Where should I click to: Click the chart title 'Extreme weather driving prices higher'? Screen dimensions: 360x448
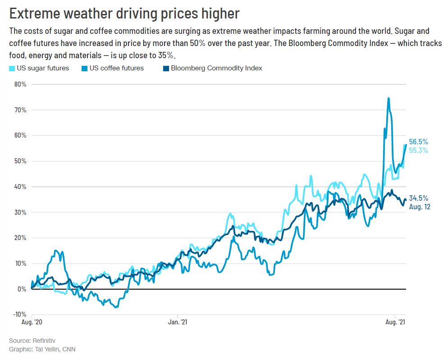124,14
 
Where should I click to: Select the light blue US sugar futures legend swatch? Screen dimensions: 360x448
12,68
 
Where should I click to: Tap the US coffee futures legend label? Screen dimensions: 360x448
117,68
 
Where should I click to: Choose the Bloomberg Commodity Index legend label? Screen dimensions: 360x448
216,68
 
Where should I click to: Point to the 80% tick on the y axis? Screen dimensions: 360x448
20,84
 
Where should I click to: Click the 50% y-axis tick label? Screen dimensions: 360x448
20,161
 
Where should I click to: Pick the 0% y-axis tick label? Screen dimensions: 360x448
22,289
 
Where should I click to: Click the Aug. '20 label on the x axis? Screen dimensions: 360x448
32,323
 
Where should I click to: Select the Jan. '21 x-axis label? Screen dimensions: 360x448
178,323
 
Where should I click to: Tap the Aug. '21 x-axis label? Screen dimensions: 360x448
395,323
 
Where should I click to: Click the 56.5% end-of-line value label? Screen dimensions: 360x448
418,142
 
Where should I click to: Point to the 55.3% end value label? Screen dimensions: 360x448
418,150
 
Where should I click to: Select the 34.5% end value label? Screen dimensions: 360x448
418,198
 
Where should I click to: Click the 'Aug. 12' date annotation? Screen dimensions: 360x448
420,207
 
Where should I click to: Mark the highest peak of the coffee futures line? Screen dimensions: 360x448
389,98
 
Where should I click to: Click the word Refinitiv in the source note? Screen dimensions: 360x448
42,341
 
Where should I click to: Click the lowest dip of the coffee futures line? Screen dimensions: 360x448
116,307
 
